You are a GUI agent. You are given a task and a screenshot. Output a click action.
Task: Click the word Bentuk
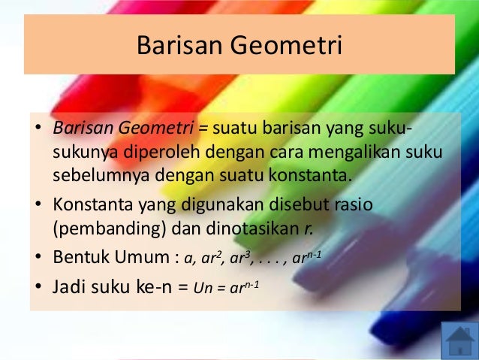pyautogui.click(x=80, y=257)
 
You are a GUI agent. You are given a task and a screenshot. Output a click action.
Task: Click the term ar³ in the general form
pyautogui.click(x=237, y=259)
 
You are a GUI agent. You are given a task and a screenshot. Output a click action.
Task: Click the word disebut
pyautogui.click(x=293, y=204)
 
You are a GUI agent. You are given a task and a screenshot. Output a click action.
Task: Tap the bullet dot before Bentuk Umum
pyautogui.click(x=38, y=258)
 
